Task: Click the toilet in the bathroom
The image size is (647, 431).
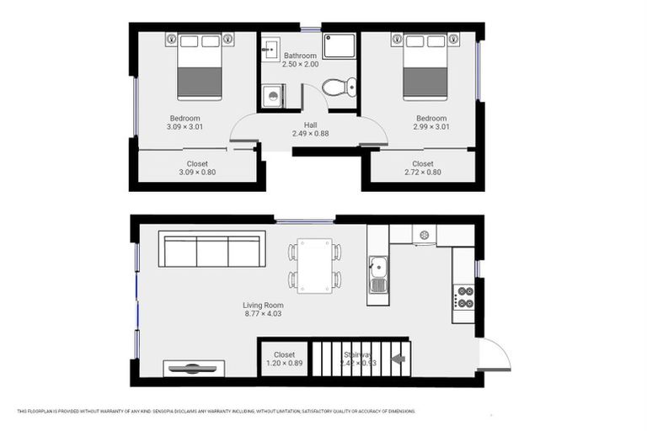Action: point(340,86)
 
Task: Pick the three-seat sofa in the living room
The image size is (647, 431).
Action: point(211,251)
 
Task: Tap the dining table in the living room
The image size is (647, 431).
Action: point(314,265)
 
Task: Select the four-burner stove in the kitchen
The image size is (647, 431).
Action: point(463,297)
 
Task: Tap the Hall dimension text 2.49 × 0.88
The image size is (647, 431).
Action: point(310,133)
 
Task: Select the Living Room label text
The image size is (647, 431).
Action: point(263,306)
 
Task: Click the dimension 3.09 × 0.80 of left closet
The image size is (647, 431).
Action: point(197,173)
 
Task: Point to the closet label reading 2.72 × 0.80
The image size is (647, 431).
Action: point(422,173)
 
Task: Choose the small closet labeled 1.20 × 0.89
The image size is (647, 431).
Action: point(284,359)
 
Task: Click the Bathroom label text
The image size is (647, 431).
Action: point(301,56)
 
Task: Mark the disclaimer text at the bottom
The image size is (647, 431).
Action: point(217,412)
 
